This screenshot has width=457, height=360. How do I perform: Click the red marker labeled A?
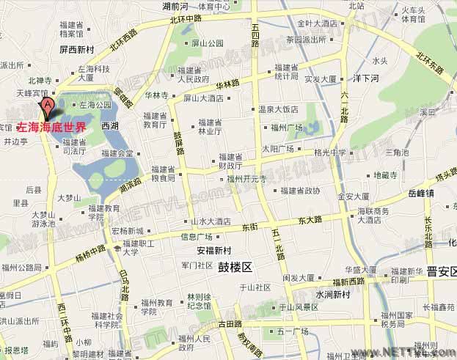coord(48,109)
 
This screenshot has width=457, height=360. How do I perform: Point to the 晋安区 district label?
coord(442,271)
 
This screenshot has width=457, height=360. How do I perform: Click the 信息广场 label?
coord(196,236)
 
